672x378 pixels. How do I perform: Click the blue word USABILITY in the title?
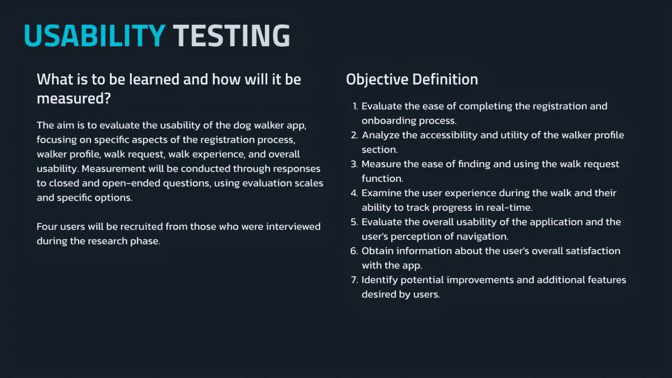95,35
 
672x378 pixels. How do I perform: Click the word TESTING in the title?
231,35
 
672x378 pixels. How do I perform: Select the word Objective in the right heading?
377,80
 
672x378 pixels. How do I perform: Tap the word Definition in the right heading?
445,79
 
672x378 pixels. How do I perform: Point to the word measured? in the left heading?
74,98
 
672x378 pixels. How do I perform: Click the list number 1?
355,106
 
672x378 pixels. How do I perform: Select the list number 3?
355,164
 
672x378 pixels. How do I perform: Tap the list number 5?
355,222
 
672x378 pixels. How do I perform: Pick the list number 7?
355,280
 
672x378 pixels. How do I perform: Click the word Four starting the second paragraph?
46,226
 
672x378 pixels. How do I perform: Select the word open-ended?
131,183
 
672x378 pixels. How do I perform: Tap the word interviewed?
293,226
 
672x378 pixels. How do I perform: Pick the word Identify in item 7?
379,280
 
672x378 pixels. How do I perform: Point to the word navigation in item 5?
482,237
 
